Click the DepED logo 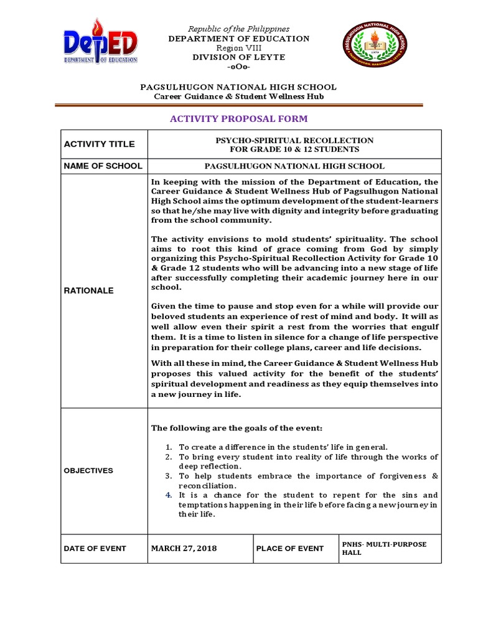[100, 44]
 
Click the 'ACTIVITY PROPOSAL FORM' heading [238, 119]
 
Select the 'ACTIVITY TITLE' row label [100, 144]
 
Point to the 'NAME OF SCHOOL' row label [103, 165]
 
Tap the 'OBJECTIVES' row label [88, 471]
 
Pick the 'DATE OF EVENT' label [95, 549]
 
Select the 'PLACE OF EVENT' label [290, 549]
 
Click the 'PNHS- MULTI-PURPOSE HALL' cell [385, 548]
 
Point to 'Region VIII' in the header [239, 48]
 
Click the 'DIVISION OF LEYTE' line [239, 57]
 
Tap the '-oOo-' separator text [239, 67]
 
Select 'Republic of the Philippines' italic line [239, 29]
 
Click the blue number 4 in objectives [167, 495]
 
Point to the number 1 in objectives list [167, 447]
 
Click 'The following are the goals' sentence [237, 428]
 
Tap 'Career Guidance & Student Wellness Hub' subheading [239, 96]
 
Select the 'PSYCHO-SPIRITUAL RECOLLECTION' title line [294, 141]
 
